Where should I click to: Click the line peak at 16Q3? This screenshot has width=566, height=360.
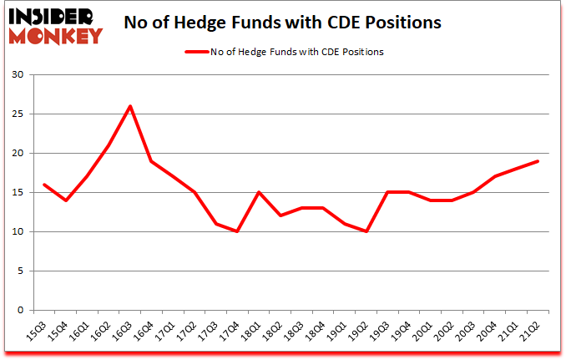[x=130, y=106]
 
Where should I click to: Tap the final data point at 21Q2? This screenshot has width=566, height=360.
[x=537, y=161]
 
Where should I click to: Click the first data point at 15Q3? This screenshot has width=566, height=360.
[x=43, y=185]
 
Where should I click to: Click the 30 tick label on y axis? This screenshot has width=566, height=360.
[x=18, y=75]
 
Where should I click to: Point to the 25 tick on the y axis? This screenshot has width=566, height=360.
[x=18, y=114]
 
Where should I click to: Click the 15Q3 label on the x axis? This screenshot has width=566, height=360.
[x=37, y=333]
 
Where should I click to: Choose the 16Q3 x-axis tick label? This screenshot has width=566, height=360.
[x=124, y=333]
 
